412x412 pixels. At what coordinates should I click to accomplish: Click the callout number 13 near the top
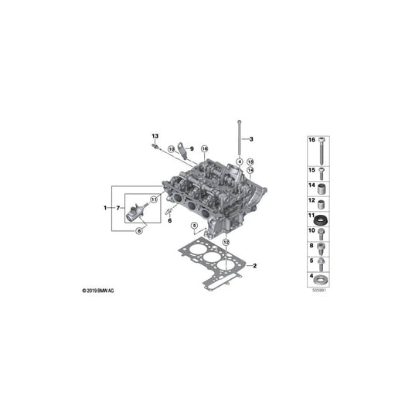(154, 136)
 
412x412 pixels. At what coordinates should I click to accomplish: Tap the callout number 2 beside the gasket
(254, 267)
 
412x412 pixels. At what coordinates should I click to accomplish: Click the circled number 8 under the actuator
(138, 230)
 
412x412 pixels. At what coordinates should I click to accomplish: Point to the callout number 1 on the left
(106, 208)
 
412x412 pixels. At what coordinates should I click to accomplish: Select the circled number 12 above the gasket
(226, 242)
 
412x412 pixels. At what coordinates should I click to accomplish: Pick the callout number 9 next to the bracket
(192, 148)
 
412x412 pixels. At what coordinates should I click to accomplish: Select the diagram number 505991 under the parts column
(318, 291)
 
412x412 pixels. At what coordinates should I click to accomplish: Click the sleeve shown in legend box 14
(322, 189)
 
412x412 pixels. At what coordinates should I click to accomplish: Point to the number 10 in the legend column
(312, 231)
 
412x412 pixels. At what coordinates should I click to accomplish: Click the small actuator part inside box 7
(138, 209)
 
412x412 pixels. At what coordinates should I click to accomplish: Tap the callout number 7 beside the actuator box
(118, 208)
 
